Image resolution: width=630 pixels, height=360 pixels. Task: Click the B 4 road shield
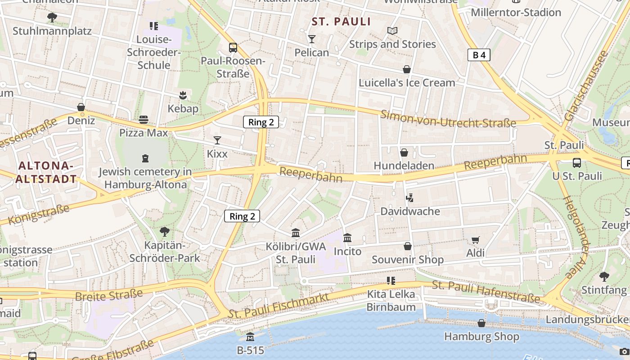[x=478, y=55]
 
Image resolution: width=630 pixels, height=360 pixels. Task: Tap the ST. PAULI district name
[x=341, y=22]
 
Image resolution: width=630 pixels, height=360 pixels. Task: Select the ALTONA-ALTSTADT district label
[x=46, y=172]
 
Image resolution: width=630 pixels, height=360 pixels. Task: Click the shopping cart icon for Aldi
[x=475, y=240]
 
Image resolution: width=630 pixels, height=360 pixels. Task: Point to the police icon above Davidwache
[x=409, y=198]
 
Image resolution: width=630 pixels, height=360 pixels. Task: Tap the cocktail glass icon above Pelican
[x=311, y=39]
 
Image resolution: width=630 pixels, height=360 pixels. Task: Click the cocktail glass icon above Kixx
[x=217, y=140]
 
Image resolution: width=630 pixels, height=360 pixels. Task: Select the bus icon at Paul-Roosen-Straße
[x=233, y=47]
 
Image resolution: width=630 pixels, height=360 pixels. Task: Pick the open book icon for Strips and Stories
[x=392, y=31]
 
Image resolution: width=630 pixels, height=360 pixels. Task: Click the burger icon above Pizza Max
[x=144, y=119]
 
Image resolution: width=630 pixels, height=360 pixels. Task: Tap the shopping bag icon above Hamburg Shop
[x=481, y=323]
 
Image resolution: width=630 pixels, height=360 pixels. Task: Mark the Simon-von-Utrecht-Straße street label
[x=448, y=118]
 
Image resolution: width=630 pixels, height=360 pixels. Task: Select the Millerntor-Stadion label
[x=516, y=12]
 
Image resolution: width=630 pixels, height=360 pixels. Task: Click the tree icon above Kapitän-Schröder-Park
[x=165, y=232]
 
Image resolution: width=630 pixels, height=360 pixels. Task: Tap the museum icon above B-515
[x=250, y=337]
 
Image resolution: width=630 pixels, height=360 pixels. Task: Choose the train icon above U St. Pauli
[x=576, y=162]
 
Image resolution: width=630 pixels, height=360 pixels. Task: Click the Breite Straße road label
[x=109, y=295]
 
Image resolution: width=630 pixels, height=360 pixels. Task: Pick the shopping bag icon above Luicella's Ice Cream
[x=407, y=69]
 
